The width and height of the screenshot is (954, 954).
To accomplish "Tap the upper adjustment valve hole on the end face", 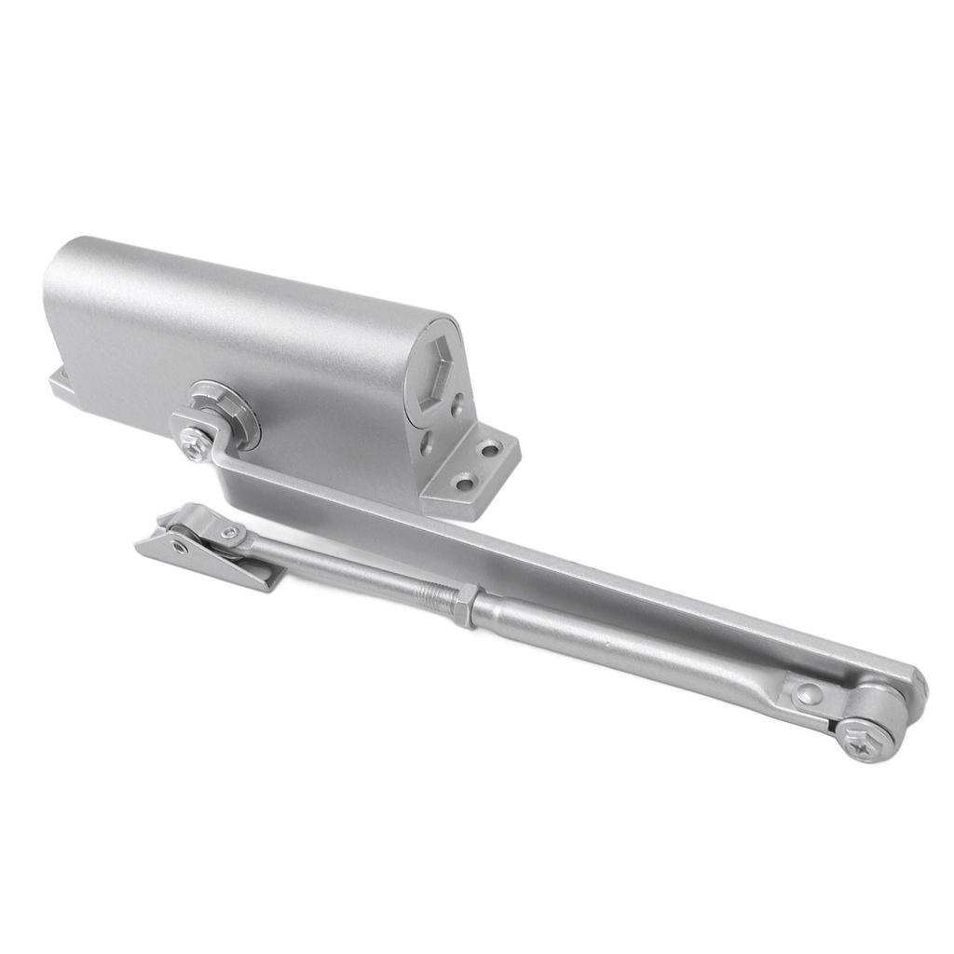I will click(x=457, y=403).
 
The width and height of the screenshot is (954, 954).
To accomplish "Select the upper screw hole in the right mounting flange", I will click(x=488, y=451).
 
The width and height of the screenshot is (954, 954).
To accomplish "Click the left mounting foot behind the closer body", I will click(x=60, y=383).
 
